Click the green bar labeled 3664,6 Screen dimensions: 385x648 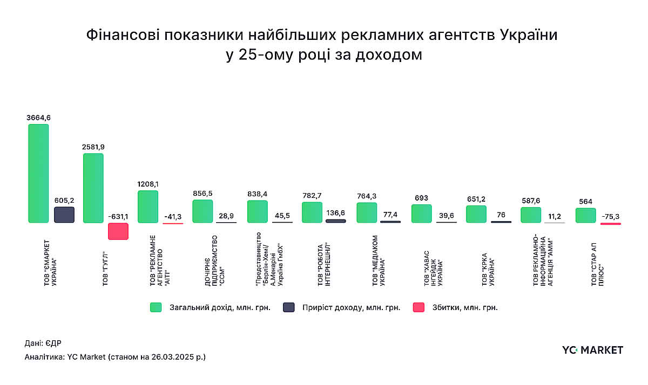[38, 173]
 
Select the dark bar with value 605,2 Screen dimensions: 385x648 [64, 215]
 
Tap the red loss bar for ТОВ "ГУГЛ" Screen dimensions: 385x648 [118, 231]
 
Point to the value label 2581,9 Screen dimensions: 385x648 [93, 147]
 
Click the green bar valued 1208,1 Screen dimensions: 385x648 [148, 207]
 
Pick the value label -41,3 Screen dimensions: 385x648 [173, 216]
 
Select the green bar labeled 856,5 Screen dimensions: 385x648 [202, 211]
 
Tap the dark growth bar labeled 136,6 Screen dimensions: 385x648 [336, 221]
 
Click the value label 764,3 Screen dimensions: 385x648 [367, 196]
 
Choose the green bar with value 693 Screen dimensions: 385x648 [421, 214]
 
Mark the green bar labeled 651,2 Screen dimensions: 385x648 [476, 214]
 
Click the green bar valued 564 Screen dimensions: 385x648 [585, 215]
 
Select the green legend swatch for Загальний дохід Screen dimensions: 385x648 [156, 307]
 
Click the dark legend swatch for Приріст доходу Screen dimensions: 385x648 [289, 307]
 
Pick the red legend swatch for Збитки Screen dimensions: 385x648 [418, 307]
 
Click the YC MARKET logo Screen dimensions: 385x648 [592, 350]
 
